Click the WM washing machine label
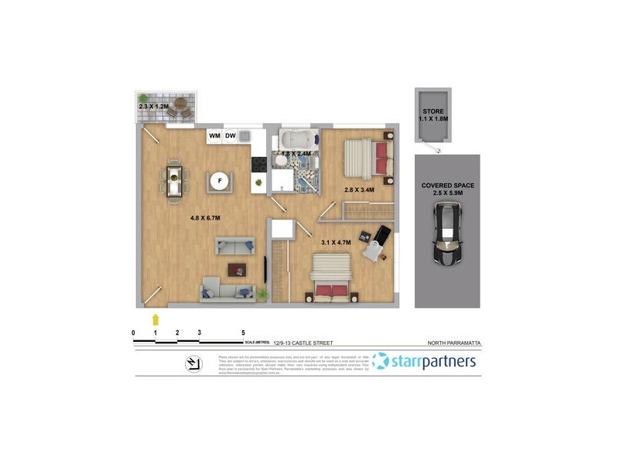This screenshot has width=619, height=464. [214, 136]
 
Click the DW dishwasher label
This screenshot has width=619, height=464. [231, 136]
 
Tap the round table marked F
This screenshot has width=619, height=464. [220, 182]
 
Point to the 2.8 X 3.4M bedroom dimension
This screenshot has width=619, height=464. [359, 189]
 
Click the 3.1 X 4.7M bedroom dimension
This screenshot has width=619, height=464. [336, 243]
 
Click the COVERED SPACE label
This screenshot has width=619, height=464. [447, 186]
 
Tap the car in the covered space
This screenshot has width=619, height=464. [446, 233]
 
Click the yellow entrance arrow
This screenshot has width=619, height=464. [156, 318]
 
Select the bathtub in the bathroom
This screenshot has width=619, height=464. [296, 141]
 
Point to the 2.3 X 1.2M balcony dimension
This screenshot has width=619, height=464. [152, 106]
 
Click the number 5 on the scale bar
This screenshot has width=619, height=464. [243, 332]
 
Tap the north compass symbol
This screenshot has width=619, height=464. [190, 364]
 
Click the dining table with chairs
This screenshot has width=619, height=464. [175, 183]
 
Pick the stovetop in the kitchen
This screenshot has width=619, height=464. [259, 164]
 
